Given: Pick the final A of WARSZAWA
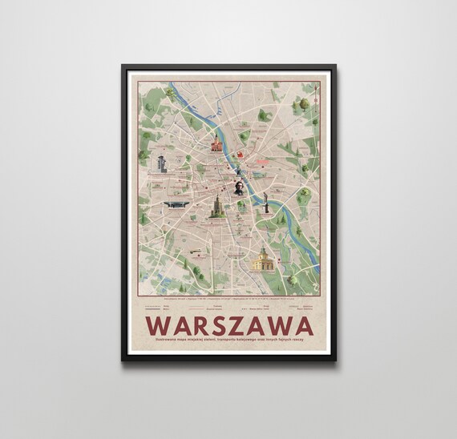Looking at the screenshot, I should pyautogui.click(x=301, y=327).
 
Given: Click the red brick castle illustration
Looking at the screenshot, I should pyautogui.click(x=216, y=145).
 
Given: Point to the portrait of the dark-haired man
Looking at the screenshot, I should pyautogui.click(x=239, y=187).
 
